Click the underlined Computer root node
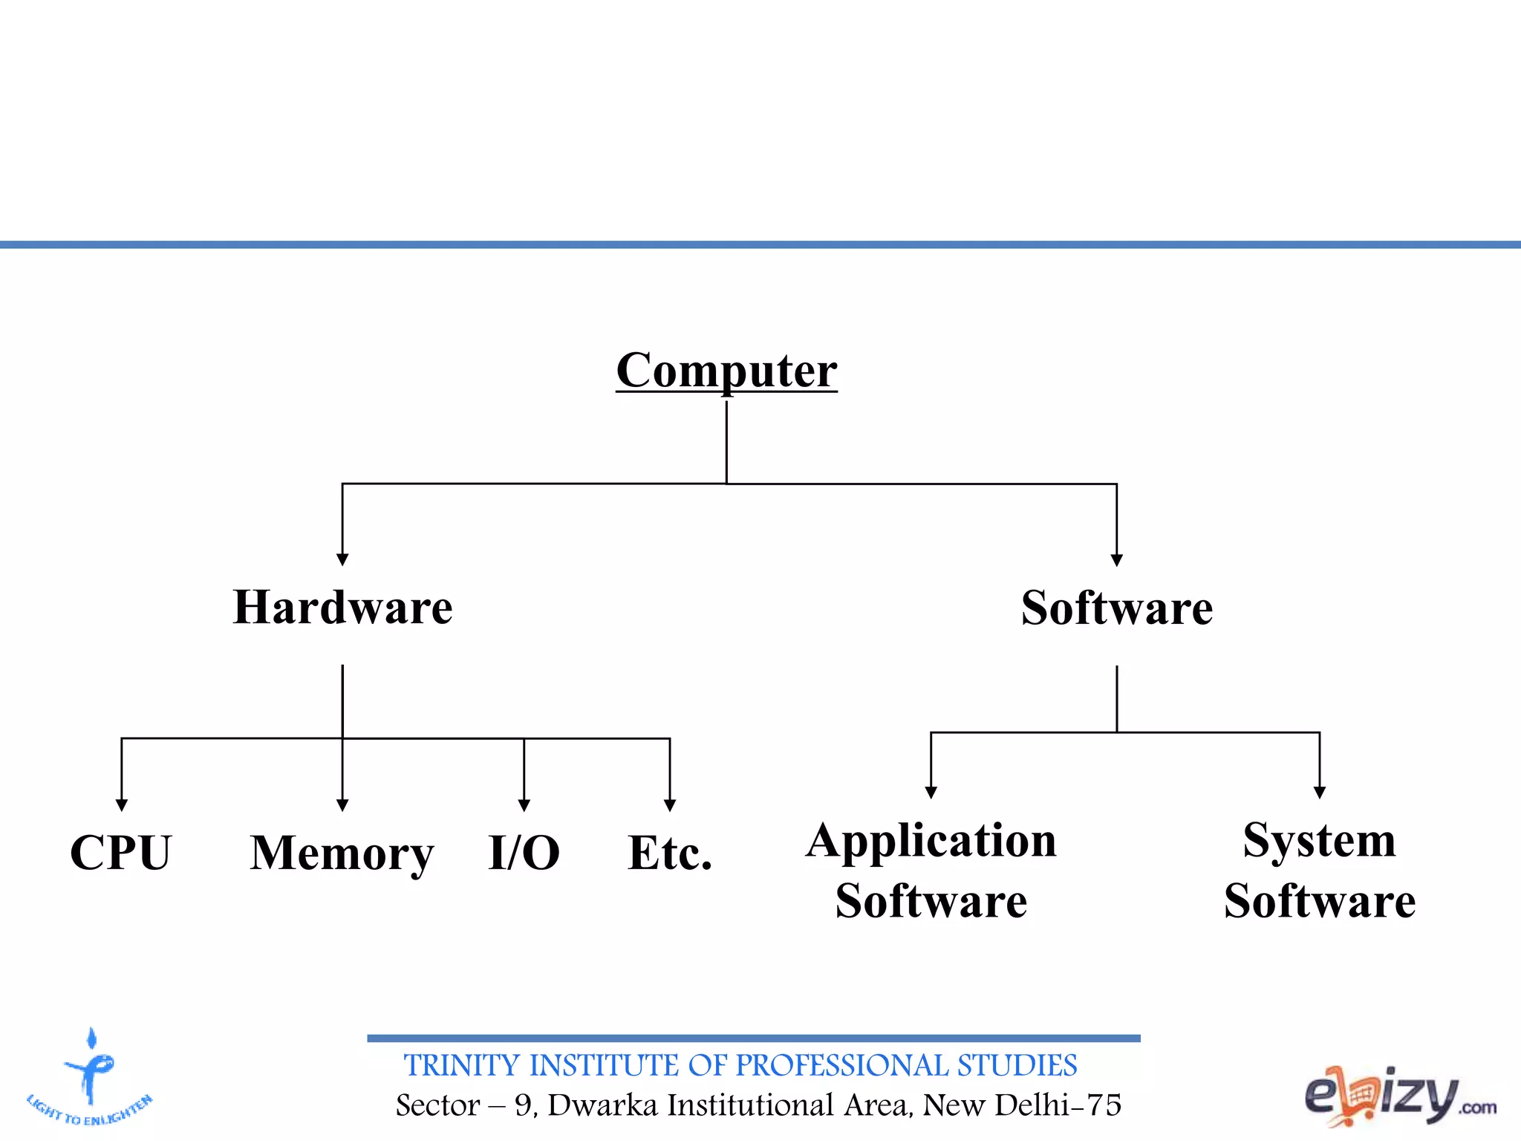tap(726, 370)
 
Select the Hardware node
tap(342, 608)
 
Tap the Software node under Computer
tap(1116, 608)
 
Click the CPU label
tap(121, 852)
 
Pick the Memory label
tap(342, 853)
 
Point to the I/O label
tap(524, 852)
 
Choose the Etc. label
tap(670, 852)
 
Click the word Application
tap(931, 841)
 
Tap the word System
tap(1319, 841)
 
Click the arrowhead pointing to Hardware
tap(342, 559)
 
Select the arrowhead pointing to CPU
tap(122, 805)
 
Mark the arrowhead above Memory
tap(342, 805)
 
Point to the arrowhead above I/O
tap(524, 805)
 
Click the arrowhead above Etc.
tap(670, 805)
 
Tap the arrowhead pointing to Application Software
tap(931, 793)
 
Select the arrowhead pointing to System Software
tap(1320, 793)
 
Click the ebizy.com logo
tap(1400, 1096)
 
